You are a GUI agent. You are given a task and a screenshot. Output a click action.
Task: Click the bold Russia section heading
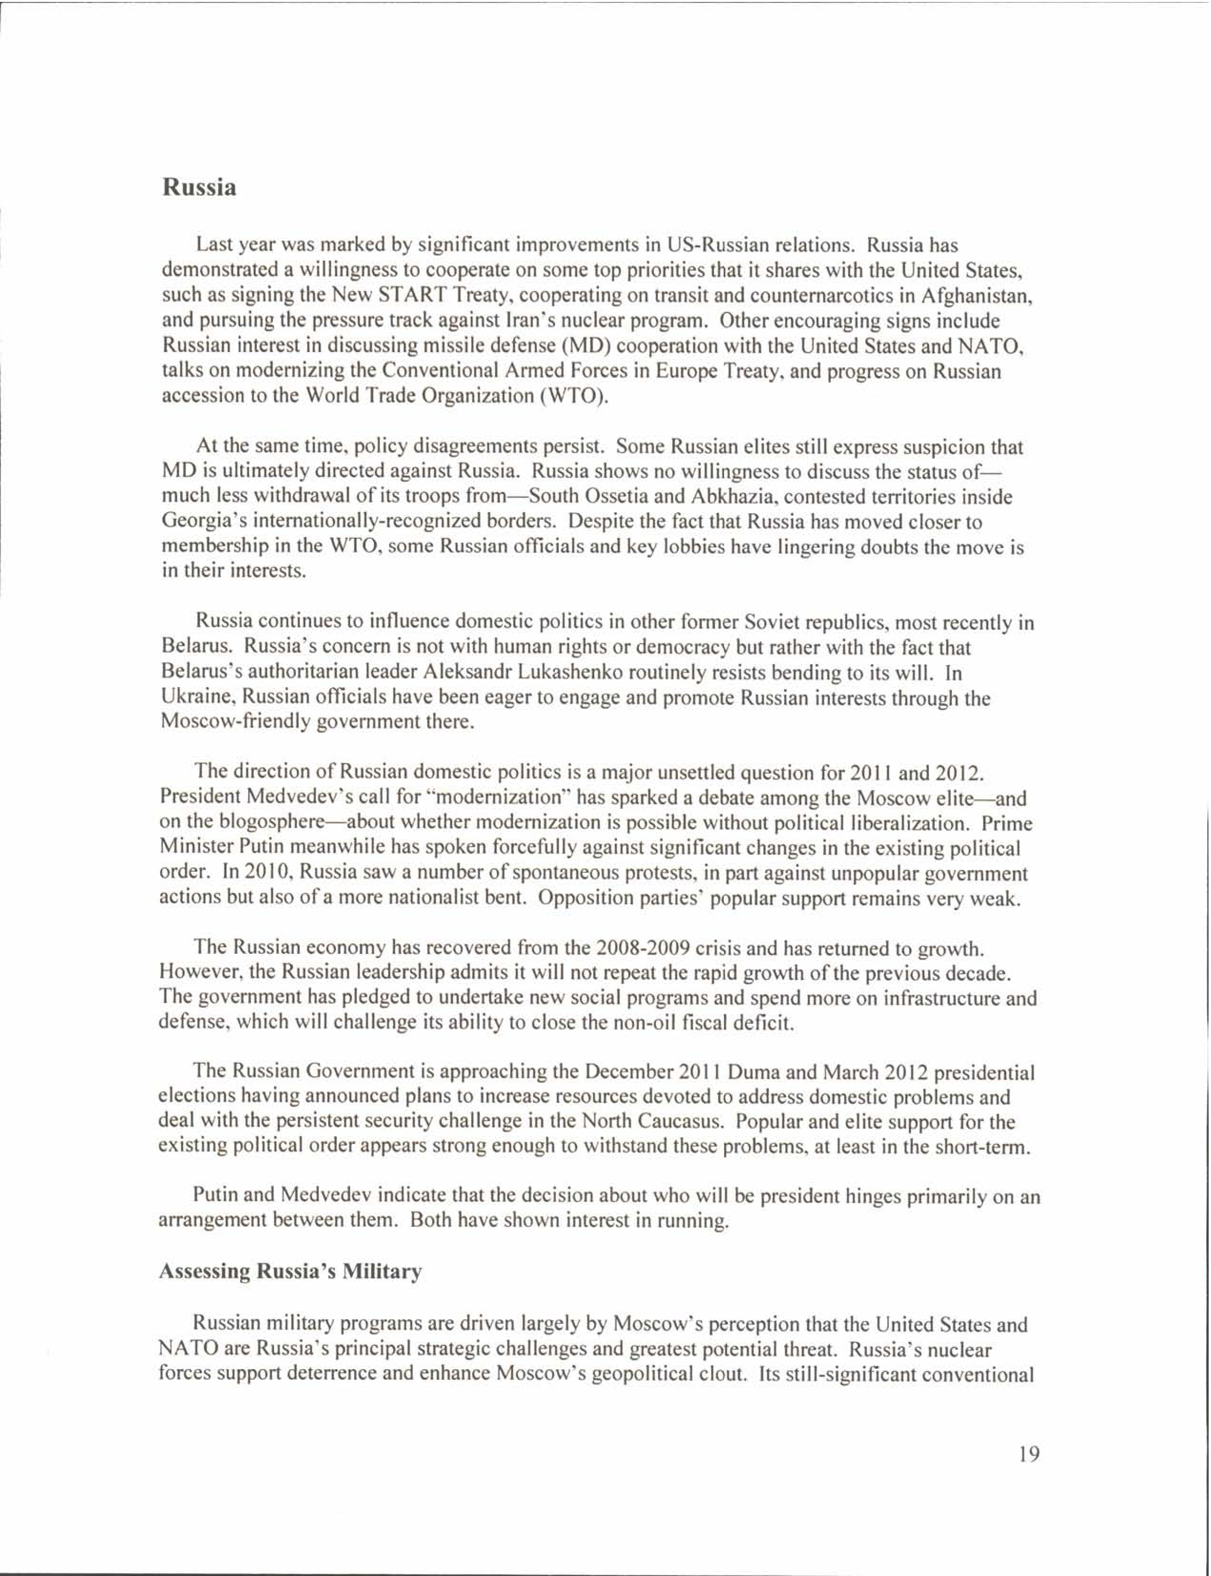pos(199,188)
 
